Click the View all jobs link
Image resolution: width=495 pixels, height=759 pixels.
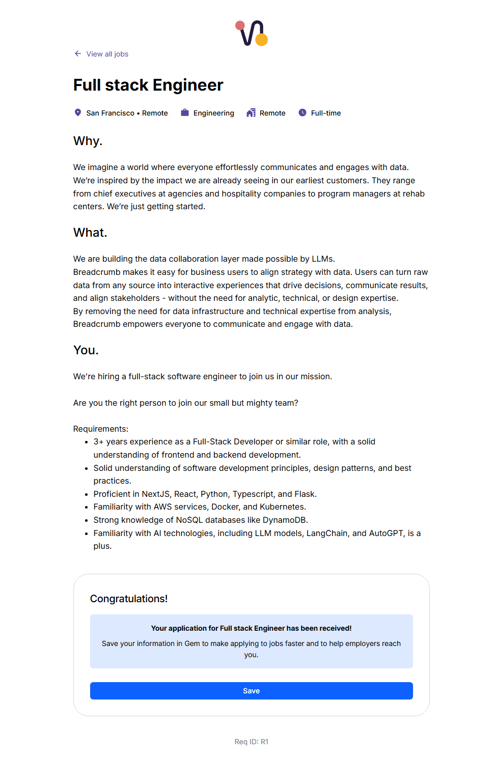(x=107, y=54)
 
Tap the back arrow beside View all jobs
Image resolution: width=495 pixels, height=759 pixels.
(x=78, y=53)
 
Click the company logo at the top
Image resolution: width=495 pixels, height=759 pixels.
(x=252, y=33)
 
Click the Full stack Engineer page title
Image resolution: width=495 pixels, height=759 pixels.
(x=148, y=85)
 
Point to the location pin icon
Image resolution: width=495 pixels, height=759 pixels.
(x=78, y=113)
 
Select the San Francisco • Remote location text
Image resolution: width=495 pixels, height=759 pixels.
(x=127, y=113)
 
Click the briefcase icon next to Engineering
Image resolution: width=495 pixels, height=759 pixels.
(x=185, y=113)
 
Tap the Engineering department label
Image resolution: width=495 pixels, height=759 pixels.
(x=213, y=113)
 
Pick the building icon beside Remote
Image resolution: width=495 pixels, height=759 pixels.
(x=251, y=113)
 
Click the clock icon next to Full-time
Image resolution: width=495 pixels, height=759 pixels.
(x=302, y=113)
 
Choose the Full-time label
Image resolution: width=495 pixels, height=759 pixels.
(x=326, y=113)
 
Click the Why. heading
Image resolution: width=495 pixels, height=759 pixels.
(x=88, y=141)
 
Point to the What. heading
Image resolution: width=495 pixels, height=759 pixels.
(x=90, y=233)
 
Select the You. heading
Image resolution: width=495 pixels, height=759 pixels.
(x=86, y=350)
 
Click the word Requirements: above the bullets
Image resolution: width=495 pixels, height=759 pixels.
(x=101, y=429)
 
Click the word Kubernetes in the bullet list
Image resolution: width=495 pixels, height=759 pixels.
(x=282, y=507)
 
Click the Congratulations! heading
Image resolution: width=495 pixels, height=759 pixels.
(x=129, y=599)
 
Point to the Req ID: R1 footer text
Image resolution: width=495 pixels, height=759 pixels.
(x=251, y=742)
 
